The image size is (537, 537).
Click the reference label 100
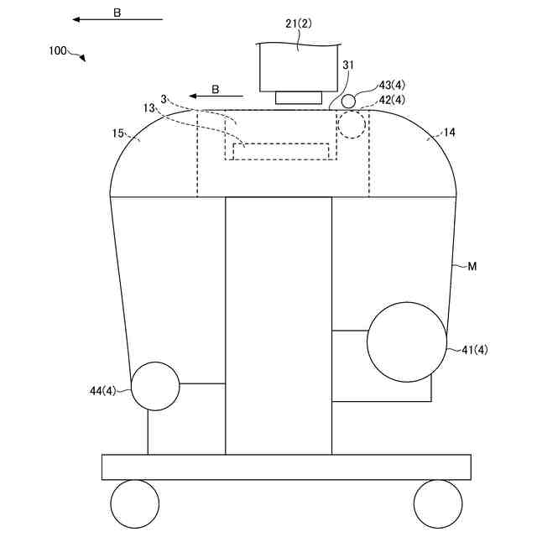[58, 50]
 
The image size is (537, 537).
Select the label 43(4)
[392, 86]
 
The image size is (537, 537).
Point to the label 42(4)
[392, 101]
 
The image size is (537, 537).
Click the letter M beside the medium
[472, 267]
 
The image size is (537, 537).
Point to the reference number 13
[149, 108]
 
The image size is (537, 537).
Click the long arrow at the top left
[117, 19]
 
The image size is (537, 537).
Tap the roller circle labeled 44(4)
[155, 386]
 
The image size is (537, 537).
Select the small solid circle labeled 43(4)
[347, 102]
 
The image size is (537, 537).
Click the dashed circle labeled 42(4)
[353, 125]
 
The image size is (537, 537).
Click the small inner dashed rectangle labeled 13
[286, 151]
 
